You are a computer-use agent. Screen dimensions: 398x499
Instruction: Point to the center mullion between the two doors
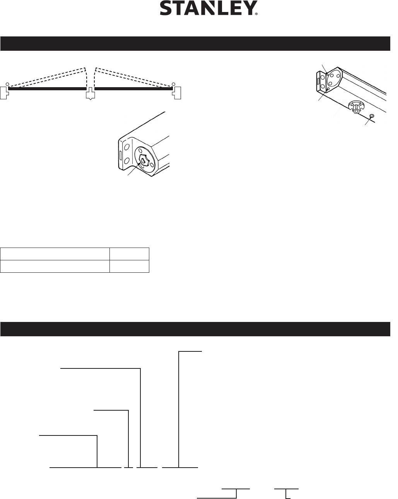tap(90, 94)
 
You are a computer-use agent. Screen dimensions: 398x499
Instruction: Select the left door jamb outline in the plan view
tap(4, 93)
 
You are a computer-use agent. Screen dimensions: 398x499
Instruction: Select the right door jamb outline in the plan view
tap(179, 93)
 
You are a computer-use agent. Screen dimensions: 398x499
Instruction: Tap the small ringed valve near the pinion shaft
tap(372, 116)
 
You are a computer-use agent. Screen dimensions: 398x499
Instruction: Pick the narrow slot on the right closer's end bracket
tap(318, 81)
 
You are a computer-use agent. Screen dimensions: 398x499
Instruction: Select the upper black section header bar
tap(195, 44)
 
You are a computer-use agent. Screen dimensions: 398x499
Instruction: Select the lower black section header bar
tap(195, 329)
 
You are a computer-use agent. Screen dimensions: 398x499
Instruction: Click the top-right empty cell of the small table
tap(129, 254)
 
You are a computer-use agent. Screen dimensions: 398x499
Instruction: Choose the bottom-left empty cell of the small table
tap(55, 266)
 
